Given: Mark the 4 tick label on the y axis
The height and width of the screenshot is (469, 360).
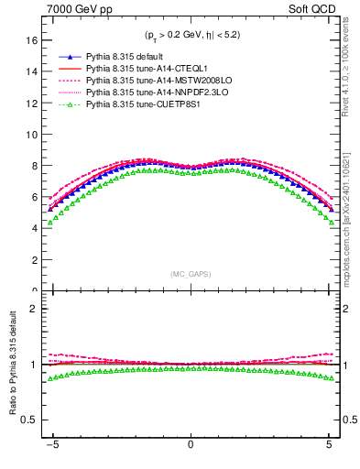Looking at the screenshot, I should [x=33, y=229].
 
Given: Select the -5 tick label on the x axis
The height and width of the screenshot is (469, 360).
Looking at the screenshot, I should [x=53, y=446].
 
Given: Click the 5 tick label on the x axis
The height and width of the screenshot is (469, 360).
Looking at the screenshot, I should [x=329, y=446].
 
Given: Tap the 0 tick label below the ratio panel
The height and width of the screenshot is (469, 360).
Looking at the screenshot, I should [x=191, y=446].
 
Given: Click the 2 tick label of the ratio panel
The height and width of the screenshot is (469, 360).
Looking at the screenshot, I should [x=33, y=309].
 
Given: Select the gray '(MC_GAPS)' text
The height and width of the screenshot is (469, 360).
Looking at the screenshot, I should [x=190, y=274].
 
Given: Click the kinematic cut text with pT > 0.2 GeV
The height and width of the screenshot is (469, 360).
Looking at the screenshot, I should [x=191, y=36].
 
